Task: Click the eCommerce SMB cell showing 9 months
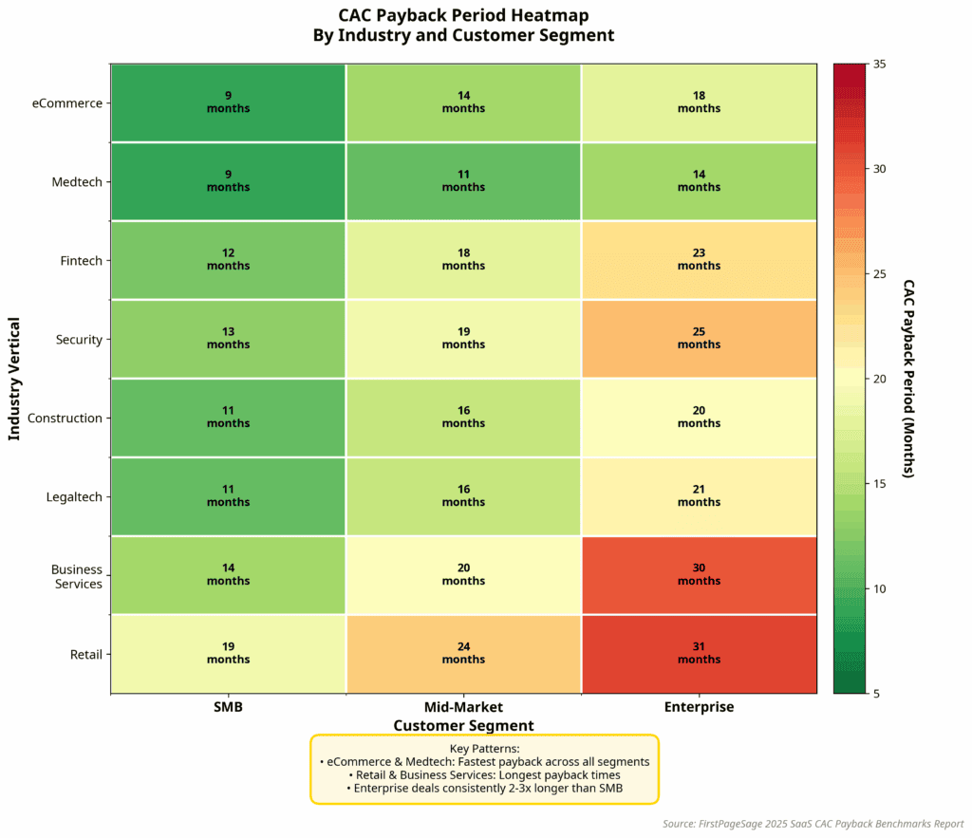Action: coord(228,102)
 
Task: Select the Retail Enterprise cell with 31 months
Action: coord(699,654)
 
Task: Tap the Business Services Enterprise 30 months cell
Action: coord(699,575)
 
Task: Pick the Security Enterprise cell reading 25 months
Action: coord(699,339)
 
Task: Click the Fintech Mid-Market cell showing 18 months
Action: coord(463,260)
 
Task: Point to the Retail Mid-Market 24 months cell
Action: coord(463,654)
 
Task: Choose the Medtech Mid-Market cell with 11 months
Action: coord(463,181)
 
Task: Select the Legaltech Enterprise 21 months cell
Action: coord(699,496)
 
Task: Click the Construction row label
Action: coord(65,419)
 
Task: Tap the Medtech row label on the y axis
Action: coord(77,182)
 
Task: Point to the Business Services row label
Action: coord(77,577)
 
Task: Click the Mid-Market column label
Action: coord(463,707)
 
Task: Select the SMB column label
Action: coord(228,707)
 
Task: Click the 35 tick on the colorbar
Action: coord(880,64)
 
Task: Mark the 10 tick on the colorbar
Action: coord(880,588)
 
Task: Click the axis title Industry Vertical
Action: coord(14,378)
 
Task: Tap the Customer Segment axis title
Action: coord(463,726)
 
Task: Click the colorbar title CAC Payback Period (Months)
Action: coord(907,378)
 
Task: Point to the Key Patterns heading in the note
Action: coord(484,749)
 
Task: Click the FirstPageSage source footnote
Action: coord(813,824)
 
